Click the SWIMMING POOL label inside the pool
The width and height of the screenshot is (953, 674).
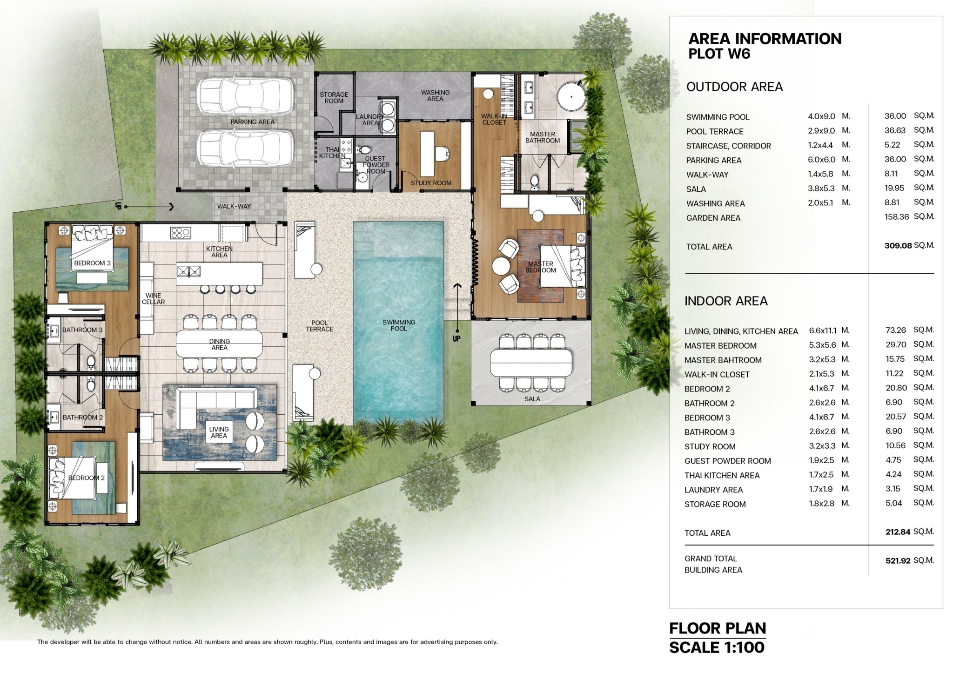[x=399, y=325]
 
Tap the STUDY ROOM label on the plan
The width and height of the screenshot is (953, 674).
[x=431, y=183]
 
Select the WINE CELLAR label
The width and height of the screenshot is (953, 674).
[x=153, y=299]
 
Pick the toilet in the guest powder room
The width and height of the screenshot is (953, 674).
[x=364, y=150]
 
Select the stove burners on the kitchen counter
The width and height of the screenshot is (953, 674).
[x=181, y=233]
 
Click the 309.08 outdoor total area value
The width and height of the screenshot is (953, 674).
[x=898, y=246]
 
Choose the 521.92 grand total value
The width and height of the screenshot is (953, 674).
[x=898, y=561]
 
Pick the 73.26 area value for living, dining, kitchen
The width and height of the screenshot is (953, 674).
[x=896, y=330]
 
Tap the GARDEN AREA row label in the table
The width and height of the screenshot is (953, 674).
[x=713, y=218]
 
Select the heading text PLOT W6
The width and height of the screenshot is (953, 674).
[x=719, y=54]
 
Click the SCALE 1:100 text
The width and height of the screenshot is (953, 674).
[x=717, y=647]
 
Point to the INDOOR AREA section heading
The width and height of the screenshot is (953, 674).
[x=726, y=301]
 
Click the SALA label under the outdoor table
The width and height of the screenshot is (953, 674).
[x=532, y=399]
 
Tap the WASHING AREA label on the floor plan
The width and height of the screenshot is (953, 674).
[x=435, y=95]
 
